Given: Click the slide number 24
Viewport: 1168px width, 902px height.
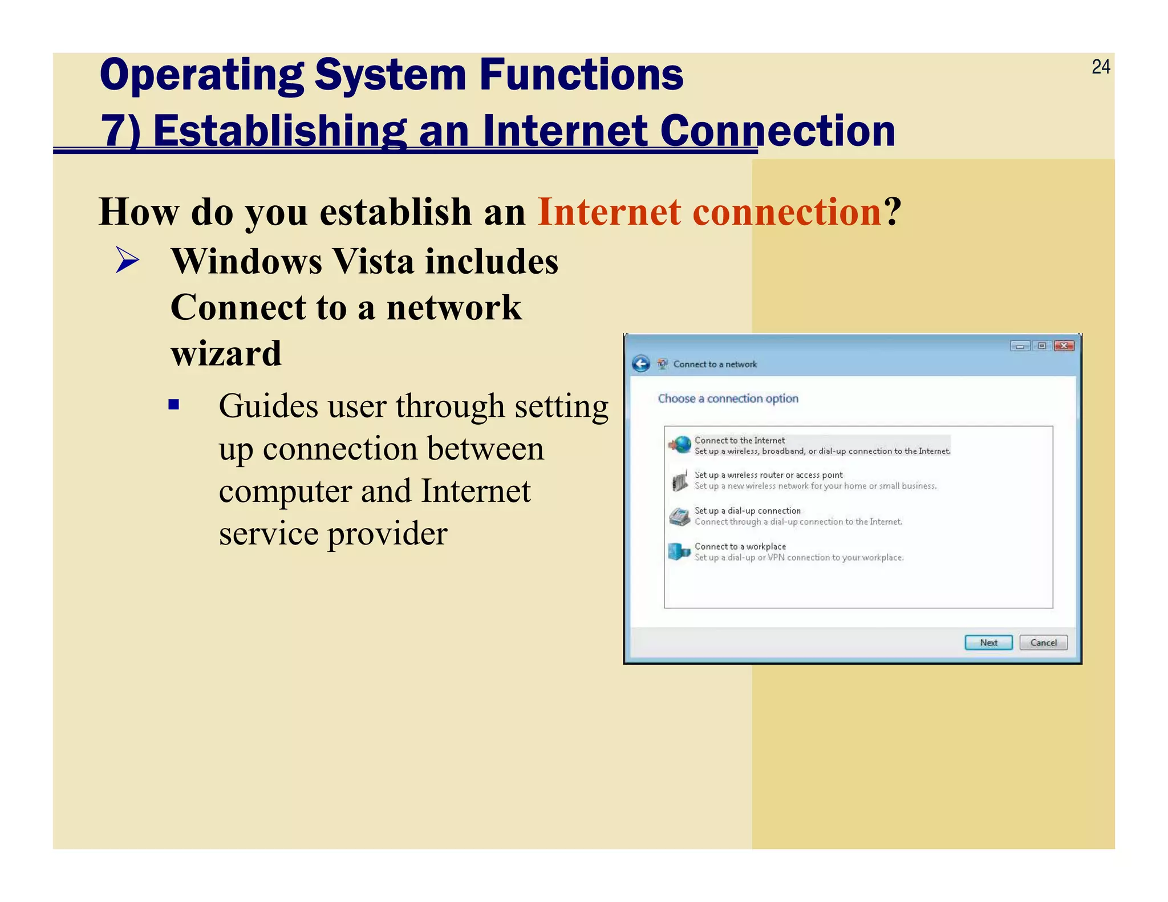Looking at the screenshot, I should tap(1100, 67).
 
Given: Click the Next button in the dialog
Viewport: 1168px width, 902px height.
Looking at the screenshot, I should tap(988, 643).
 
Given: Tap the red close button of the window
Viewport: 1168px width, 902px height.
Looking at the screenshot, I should tap(1064, 346).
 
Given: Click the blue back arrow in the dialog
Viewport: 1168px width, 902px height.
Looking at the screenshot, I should tap(641, 364).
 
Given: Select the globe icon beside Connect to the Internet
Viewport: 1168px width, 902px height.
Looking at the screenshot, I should tap(680, 445).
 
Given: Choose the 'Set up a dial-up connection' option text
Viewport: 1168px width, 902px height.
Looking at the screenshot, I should tap(747, 511).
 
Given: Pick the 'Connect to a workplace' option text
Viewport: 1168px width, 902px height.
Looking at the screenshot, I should tap(740, 546).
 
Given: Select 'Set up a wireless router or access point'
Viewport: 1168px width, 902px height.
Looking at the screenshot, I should tap(768, 475).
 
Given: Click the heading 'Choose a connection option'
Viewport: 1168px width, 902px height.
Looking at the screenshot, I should tap(728, 399).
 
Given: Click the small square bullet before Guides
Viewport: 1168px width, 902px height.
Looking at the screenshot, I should tap(174, 405).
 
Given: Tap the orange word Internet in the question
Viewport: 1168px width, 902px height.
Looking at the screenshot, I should tap(609, 212).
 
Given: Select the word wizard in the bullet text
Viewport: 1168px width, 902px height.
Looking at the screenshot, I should tap(226, 354).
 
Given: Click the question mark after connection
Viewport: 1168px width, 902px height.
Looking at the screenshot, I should tap(893, 212).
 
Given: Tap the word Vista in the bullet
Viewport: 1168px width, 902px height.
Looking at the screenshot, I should tap(372, 262).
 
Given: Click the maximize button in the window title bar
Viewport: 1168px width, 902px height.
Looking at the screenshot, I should tap(1041, 346).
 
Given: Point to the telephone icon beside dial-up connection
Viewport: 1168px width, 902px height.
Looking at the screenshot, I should tap(679, 517).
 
